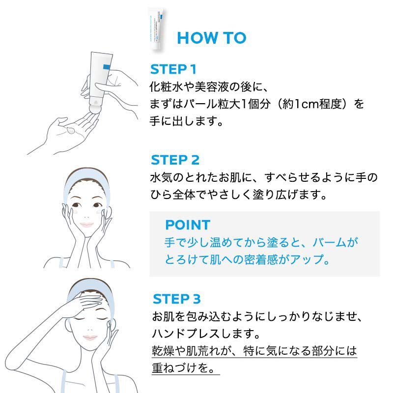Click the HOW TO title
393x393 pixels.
coord(212,38)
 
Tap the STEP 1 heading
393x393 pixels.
coord(173,69)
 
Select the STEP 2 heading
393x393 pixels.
coord(175,160)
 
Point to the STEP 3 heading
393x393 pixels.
coord(177,299)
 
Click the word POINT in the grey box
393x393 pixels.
coord(188,225)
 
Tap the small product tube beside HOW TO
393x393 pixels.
coord(157,29)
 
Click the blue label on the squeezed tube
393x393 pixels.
coord(107,67)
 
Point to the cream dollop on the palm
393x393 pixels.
coord(70,130)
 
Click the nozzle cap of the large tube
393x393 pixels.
coord(95,108)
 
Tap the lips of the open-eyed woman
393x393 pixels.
coord(87,225)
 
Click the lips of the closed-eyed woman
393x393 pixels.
coord(90,337)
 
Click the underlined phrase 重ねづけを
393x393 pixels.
coord(183,368)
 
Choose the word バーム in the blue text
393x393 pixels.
coord(329,242)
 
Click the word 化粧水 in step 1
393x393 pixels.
coord(166,87)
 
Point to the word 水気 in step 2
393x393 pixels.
coord(161,177)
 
